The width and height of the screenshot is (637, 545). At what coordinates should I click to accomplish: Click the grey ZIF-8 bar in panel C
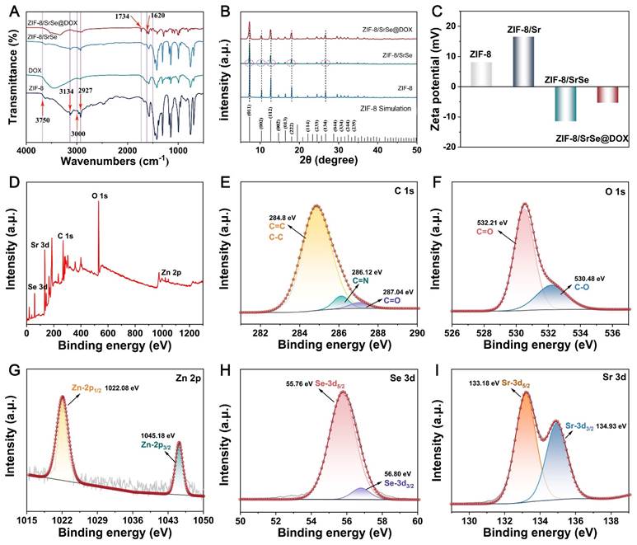point(481,74)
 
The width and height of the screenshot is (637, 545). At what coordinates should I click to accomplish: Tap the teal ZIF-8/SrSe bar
point(565,104)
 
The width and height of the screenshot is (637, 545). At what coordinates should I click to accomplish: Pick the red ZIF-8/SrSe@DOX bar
point(607,95)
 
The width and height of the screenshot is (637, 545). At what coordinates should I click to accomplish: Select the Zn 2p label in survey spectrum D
point(172,269)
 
